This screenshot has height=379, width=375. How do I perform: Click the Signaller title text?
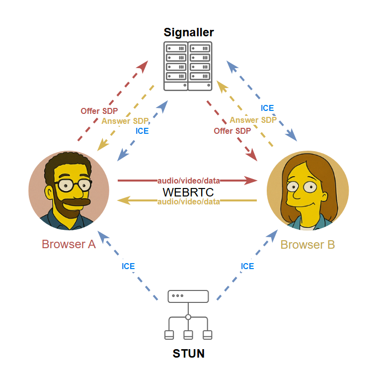point(189,33)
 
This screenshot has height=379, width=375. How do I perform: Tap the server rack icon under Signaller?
point(188,66)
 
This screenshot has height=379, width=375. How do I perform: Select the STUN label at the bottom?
point(189,354)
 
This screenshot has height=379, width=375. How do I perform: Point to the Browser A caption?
point(69,244)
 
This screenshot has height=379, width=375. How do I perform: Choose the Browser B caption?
point(307,245)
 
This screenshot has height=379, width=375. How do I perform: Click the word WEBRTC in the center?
point(188,191)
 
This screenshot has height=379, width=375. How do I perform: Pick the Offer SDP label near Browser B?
point(232,131)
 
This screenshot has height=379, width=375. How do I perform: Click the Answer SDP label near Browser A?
point(125,121)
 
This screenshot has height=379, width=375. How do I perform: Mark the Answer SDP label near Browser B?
point(253,120)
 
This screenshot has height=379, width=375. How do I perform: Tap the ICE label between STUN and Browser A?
point(128,266)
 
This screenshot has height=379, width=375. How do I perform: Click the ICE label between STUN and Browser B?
point(247,266)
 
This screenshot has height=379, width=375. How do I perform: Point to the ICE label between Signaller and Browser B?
point(267,108)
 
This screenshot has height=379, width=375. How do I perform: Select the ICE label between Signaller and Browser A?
point(142,131)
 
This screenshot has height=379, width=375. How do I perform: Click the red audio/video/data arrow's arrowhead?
point(252,180)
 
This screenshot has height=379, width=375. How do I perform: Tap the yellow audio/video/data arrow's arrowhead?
point(123,200)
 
